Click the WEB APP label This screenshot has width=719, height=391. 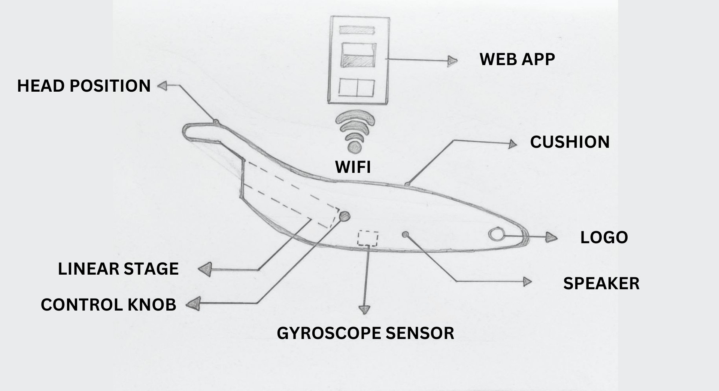click(517, 59)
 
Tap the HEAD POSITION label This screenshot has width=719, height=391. click(84, 86)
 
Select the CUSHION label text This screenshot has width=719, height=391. click(570, 142)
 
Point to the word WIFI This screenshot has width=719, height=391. click(353, 167)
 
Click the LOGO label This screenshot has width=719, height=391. click(604, 237)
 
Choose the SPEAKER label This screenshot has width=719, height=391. click(601, 283)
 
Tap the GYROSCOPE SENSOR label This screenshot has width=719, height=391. click(365, 333)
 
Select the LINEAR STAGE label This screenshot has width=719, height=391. click(118, 269)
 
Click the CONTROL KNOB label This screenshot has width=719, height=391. click(108, 305)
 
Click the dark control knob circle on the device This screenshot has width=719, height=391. click(344, 216)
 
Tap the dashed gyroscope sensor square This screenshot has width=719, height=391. click(368, 238)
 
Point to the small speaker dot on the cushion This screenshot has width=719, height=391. click(405, 235)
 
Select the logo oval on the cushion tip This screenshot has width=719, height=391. click(496, 234)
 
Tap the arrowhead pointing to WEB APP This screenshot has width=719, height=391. click(452, 61)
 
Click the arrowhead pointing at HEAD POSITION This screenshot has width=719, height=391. click(162, 86)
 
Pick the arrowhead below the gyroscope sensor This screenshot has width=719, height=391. click(364, 309)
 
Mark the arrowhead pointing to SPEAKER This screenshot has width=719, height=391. click(527, 282)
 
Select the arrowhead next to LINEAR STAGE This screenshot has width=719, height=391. click(204, 269)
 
